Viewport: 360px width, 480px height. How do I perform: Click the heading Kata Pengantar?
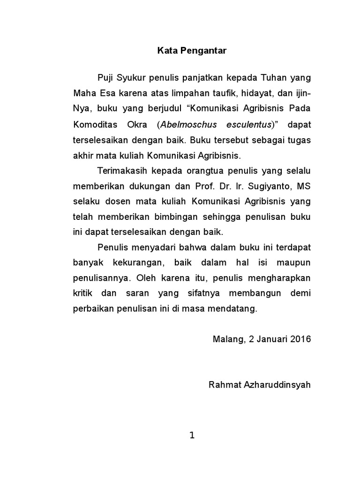pos(191,52)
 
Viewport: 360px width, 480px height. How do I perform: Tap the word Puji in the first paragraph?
pos(105,76)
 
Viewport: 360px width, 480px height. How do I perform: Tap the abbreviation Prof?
pos(204,186)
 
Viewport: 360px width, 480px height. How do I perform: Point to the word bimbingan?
pos(177,217)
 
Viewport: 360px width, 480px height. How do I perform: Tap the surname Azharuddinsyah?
pos(273,385)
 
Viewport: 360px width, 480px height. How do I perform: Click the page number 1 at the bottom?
pos(191,436)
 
